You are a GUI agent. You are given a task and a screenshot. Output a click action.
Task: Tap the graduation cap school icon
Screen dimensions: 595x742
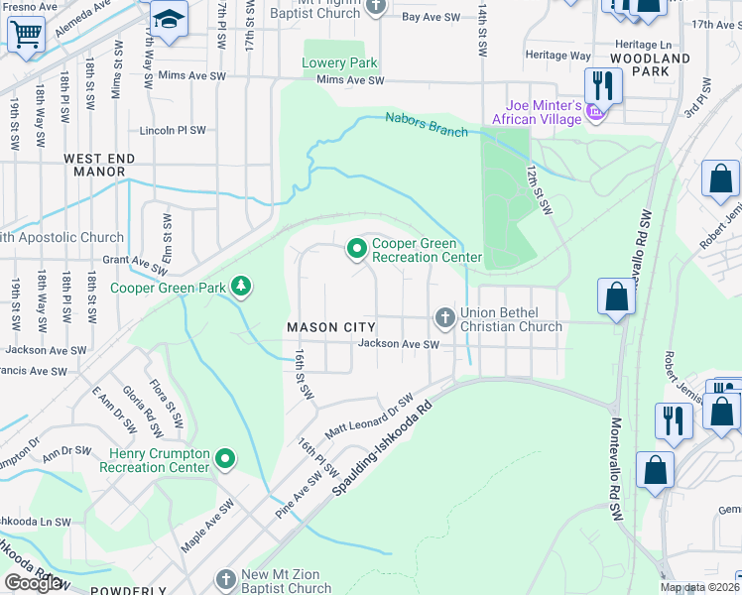coord(170,21)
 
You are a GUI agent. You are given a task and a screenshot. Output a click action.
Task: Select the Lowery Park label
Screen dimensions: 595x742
coord(340,62)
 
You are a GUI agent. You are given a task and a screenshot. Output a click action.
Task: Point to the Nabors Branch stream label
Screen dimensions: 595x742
coord(427,125)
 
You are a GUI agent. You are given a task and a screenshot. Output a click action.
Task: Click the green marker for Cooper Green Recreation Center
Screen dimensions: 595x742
coord(355,249)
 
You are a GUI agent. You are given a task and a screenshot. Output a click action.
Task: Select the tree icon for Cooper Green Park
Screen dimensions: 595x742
coord(240,288)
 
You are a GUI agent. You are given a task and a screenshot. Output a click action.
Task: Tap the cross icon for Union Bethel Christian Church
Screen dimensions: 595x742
coord(444,317)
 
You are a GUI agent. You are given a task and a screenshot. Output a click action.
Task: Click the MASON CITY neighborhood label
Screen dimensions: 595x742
coord(331,327)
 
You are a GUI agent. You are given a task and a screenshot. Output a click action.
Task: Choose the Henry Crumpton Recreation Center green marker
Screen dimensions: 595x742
coord(225,458)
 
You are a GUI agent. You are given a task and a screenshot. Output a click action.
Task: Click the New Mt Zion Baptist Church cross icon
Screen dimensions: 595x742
coord(227,577)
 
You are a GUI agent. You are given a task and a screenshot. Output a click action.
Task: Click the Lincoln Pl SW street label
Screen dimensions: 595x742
coord(173,130)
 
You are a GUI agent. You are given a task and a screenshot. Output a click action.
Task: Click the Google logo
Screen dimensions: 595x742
coord(33,583)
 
